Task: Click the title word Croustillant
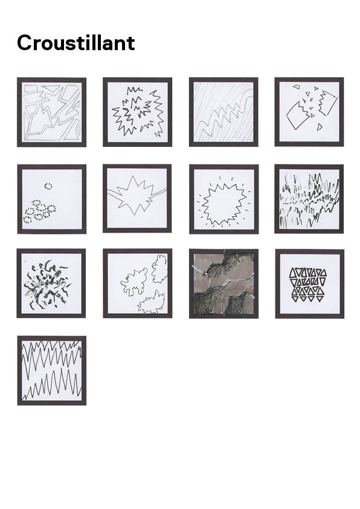[x=76, y=43]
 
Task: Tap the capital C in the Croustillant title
[x=24, y=43]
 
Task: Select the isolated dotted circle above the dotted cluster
[x=48, y=186]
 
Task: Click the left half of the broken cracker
[x=297, y=116]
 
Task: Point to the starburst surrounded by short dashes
[x=223, y=203]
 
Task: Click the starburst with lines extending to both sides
[x=137, y=196]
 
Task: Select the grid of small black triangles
[x=309, y=285]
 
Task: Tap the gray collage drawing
[x=223, y=284]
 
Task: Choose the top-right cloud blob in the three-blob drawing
[x=159, y=269]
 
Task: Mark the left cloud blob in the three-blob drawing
[x=134, y=282]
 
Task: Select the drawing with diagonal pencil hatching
[x=223, y=112]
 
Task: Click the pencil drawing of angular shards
[x=51, y=112]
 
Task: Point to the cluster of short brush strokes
[x=47, y=284]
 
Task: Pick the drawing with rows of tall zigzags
[x=52, y=371]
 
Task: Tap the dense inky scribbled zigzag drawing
[x=309, y=199]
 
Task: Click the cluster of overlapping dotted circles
[x=39, y=212]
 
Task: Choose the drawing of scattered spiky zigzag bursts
[x=138, y=112]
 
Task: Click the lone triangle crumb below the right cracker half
[x=319, y=127]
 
